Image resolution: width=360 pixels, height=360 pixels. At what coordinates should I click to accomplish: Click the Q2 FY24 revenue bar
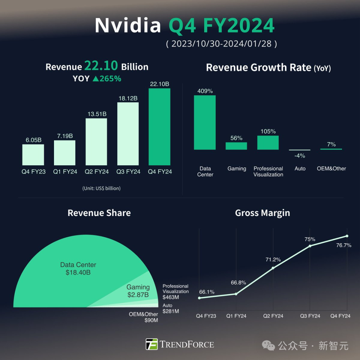point(96,142)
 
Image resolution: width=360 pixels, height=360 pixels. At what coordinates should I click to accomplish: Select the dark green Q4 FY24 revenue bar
point(159,127)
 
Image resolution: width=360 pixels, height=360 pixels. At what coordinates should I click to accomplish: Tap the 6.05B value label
point(34,140)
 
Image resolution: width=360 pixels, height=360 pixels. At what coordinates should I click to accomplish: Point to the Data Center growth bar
point(205,122)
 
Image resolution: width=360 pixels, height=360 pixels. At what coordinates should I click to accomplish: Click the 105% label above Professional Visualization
point(268,131)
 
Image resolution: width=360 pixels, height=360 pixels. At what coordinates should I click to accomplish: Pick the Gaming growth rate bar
point(236,146)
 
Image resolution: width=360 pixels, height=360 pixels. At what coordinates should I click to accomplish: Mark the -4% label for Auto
point(300,156)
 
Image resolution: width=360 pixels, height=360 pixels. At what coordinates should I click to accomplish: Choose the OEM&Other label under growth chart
point(331,169)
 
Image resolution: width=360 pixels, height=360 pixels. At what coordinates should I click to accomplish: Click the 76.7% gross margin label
point(344,245)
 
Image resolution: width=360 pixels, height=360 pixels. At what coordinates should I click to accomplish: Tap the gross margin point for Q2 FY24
point(273,268)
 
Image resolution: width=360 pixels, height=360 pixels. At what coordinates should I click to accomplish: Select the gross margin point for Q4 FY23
point(199,298)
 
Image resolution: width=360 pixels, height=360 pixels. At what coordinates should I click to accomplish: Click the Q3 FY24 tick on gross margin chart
point(310,316)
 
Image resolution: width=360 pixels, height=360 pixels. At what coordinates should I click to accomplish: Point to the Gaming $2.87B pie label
point(138,291)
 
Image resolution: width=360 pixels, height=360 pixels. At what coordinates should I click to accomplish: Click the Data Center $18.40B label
point(78,269)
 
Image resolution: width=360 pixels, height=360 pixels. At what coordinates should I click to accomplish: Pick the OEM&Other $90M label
point(144,317)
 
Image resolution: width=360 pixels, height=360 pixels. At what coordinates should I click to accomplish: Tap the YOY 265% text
point(97,79)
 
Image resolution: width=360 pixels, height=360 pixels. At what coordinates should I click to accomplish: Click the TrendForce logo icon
point(152,344)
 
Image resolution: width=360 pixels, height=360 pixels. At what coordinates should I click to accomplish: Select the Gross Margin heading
point(262,213)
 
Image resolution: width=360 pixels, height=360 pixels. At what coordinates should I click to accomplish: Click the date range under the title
point(221,44)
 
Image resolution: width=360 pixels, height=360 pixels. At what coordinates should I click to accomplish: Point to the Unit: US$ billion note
point(101,188)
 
